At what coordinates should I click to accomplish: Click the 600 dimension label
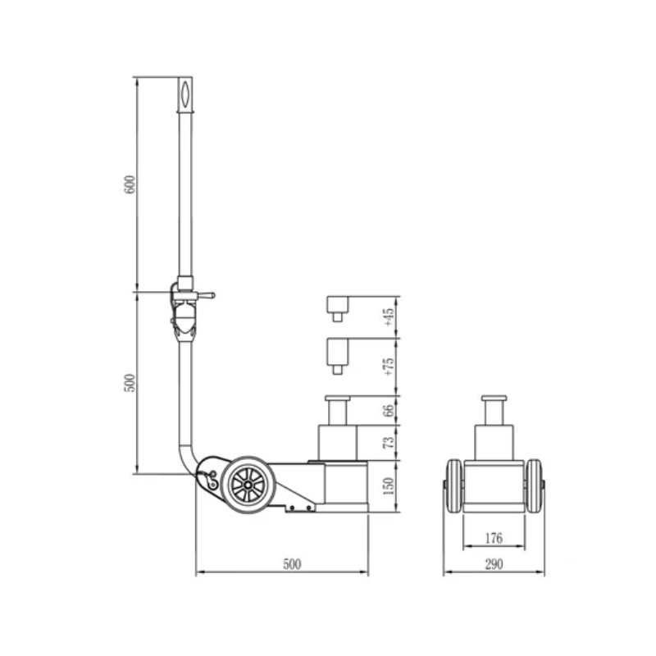click(x=130, y=184)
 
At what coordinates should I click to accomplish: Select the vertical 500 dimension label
click(x=130, y=383)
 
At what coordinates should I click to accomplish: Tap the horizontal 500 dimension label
click(x=292, y=564)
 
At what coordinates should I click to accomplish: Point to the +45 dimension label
click(x=389, y=317)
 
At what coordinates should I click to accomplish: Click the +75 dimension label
click(x=389, y=367)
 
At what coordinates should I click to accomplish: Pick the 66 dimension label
click(x=389, y=411)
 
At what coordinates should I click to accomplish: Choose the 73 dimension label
click(x=389, y=442)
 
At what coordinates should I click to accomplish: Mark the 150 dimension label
click(x=389, y=485)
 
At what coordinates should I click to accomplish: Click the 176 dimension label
click(x=494, y=539)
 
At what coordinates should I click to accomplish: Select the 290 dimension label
click(x=494, y=564)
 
